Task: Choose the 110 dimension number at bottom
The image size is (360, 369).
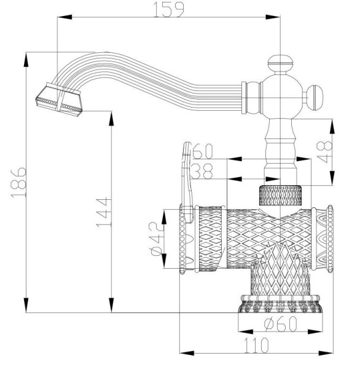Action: (x=256, y=344)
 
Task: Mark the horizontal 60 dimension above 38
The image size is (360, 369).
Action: (x=202, y=151)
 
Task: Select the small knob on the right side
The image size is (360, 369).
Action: (x=318, y=95)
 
